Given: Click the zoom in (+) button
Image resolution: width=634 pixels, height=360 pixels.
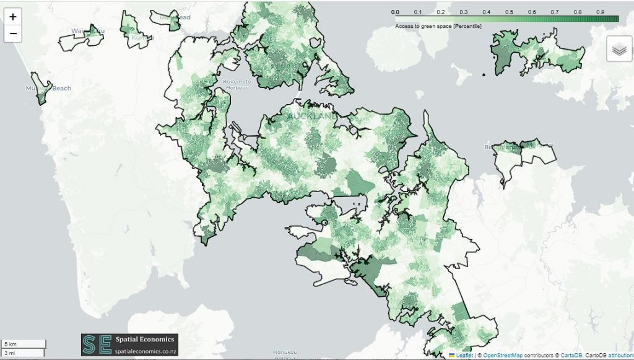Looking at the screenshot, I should [x=13, y=17].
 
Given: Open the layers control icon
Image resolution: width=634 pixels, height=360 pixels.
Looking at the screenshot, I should [x=619, y=48].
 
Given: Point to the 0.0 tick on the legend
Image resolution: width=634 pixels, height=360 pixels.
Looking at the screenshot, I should [x=396, y=12].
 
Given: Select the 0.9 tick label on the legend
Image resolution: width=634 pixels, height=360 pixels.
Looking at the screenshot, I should [x=599, y=12].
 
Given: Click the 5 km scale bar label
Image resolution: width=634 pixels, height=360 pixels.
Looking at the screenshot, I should [x=12, y=343].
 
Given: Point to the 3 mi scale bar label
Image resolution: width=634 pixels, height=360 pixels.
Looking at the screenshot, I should [x=11, y=353].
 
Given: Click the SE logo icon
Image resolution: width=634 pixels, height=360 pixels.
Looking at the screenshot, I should [x=89, y=345].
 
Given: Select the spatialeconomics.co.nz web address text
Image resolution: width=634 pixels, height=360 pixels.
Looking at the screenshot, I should [x=137, y=350].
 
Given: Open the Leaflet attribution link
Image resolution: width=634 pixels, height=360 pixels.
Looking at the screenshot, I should [x=464, y=355].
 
